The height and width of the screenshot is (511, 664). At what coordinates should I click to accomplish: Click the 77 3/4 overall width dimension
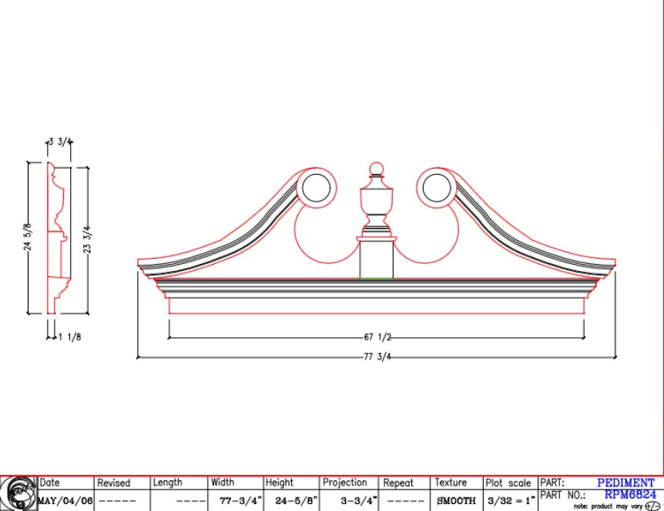point(377,357)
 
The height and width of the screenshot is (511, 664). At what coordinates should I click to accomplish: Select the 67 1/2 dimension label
point(377,337)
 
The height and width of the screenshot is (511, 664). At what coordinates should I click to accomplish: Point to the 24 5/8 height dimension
point(27,237)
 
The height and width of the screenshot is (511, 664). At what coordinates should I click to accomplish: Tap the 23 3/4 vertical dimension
point(87,240)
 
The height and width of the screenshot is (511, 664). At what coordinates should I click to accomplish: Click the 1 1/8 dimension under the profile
point(70,337)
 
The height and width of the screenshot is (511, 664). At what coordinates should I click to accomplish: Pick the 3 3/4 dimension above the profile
point(60,142)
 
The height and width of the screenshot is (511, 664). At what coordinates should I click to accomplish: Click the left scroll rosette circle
point(317,188)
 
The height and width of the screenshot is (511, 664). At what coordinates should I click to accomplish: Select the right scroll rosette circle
point(437,188)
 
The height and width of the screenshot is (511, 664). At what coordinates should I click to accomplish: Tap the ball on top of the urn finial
point(376,169)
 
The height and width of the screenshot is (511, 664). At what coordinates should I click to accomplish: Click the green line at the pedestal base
point(377,278)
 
